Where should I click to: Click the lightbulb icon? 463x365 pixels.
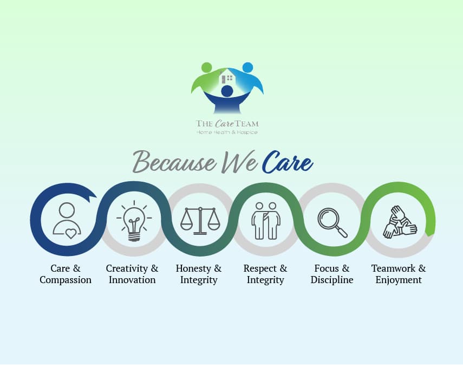tap(134, 221)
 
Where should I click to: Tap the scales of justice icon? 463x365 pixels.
tap(200, 221)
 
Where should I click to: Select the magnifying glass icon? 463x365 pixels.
tap(332, 222)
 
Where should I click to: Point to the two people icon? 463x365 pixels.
tap(266, 221)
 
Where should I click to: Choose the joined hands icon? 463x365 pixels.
tap(400, 222)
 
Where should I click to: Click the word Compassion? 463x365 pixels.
tap(66, 280)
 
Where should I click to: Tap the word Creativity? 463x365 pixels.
tap(127, 268)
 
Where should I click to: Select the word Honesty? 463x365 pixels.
tap(193, 268)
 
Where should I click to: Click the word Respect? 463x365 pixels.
tap(260, 268)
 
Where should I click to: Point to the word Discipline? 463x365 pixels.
tap(332, 280)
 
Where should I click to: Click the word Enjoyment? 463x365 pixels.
tap(399, 280)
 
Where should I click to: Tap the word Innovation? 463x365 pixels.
tap(132, 280)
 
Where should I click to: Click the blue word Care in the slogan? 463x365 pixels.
tap(288, 163)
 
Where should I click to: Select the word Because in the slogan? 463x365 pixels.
tap(174, 162)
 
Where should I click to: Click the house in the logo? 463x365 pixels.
tap(227, 76)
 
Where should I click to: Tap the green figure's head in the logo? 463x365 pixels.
tap(206, 67)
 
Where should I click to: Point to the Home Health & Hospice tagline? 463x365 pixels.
tap(227, 132)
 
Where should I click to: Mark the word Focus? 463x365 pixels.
tap(327, 268)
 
